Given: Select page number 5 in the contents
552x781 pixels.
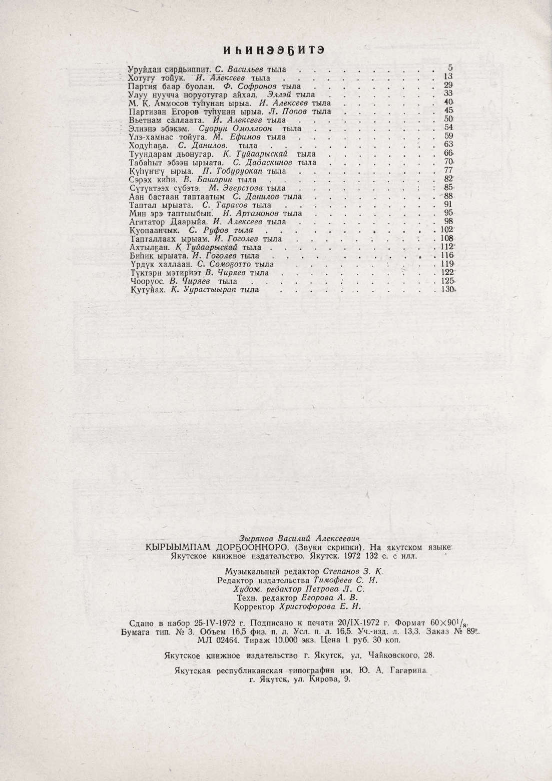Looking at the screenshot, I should [x=450, y=68].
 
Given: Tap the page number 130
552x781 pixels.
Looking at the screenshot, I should [x=446, y=290].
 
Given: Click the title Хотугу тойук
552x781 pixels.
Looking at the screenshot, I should [x=157, y=78].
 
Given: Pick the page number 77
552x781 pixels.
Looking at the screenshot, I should [x=448, y=170].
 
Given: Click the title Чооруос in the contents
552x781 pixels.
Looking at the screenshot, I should [x=147, y=281].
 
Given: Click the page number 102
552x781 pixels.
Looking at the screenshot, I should [x=446, y=230].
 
